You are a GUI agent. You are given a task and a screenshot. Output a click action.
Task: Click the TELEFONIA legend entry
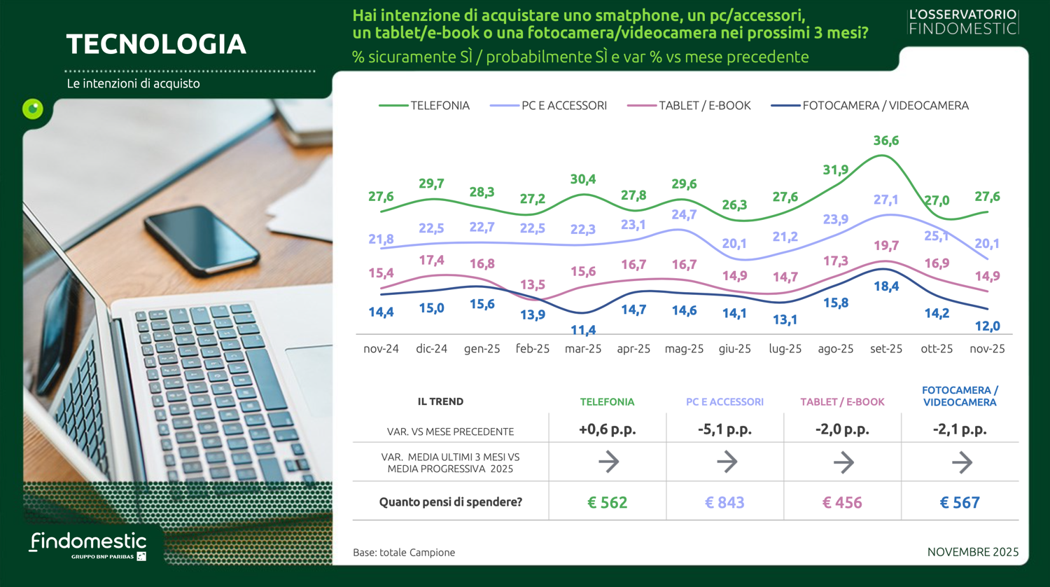425,106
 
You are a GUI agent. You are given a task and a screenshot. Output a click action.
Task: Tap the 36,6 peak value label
885,141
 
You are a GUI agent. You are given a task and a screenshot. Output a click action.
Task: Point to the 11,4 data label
583,330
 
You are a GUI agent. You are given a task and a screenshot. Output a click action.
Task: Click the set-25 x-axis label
885,349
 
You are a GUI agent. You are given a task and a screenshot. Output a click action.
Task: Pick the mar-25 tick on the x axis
583,349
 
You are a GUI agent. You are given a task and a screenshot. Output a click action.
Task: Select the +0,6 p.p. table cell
607,430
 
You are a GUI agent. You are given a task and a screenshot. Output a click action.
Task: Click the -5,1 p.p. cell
724,430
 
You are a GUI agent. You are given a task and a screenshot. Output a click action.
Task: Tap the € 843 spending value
724,502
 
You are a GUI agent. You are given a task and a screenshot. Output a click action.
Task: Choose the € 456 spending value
842,502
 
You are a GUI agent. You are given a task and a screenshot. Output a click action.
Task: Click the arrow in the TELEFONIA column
608,462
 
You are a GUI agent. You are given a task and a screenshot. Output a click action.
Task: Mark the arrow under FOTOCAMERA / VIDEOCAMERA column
962,462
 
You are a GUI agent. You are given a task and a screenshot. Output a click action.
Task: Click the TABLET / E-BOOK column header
842,402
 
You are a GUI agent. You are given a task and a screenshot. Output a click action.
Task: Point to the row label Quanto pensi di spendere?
450,502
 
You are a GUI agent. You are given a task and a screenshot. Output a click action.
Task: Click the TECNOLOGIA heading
156,44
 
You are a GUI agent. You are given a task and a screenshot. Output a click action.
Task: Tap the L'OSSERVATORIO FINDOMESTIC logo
963,22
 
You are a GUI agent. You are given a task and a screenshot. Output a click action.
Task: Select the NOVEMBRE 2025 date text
972,552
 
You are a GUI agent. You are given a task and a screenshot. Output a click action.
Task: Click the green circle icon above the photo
33,109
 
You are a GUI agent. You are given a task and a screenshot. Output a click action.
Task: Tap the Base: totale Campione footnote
404,553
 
